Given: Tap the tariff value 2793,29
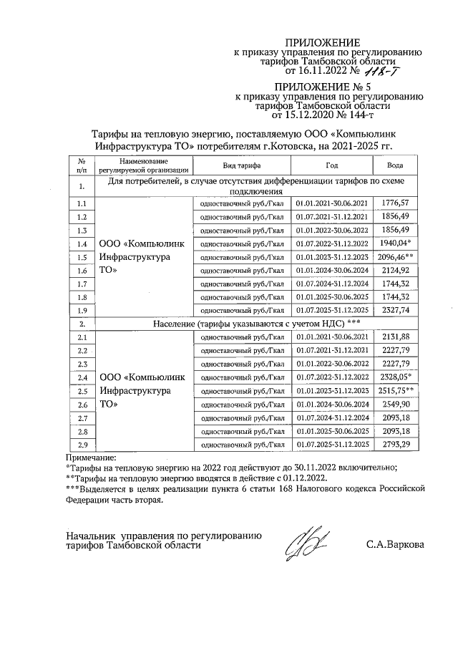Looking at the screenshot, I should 395,445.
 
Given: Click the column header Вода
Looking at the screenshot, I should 395,165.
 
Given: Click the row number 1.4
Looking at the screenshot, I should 82,244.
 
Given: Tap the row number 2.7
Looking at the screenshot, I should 82,418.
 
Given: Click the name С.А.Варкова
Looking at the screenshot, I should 394,545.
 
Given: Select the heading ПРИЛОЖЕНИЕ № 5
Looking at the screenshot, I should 330,86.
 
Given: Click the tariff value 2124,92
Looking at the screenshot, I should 395,271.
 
